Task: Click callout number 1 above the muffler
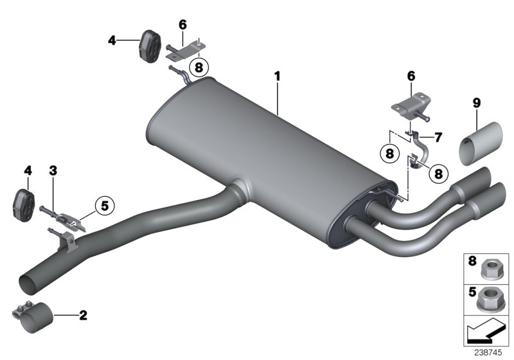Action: (278, 76)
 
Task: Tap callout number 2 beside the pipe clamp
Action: (82, 315)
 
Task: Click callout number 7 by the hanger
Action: (439, 138)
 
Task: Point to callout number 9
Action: (475, 102)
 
